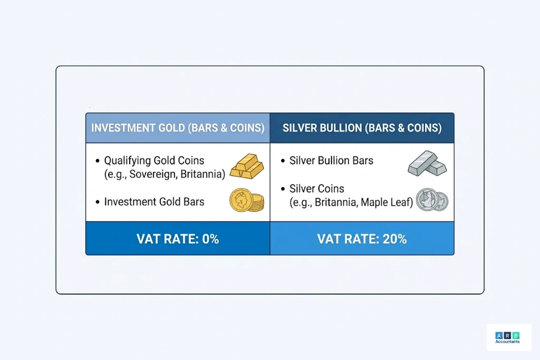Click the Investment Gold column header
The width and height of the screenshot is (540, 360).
(178, 128)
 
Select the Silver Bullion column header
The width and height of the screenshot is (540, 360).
(362, 128)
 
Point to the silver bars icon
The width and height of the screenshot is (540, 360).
(427, 163)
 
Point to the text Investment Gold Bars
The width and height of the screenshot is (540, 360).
(154, 201)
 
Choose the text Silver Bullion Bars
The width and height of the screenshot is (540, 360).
(331, 161)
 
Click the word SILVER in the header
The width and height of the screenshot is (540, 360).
(300, 128)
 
